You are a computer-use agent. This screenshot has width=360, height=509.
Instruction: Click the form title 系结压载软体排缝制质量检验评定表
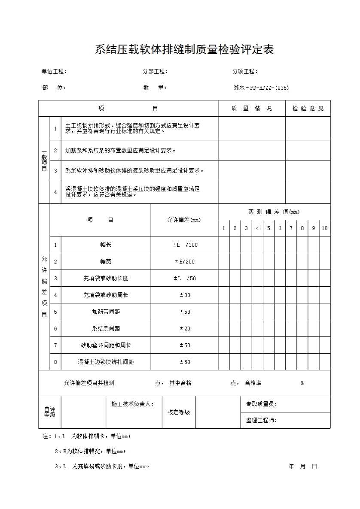pos(184,50)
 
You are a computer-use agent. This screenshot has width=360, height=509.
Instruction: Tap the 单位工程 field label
pos(54,72)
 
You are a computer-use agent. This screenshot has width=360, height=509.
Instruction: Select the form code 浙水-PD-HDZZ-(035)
pos(261,88)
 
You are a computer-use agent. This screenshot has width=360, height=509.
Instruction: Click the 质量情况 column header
pos(251,109)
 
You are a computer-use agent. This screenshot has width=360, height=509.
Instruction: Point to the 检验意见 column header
pos(308,109)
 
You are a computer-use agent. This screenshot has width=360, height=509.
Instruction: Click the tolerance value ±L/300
pos(185,245)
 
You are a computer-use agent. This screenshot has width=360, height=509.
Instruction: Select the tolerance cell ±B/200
pos(185,262)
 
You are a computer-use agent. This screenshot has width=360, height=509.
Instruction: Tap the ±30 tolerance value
pos(185,295)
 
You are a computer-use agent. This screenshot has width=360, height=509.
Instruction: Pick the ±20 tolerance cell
pos(185,329)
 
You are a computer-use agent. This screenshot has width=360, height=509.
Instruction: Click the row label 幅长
pos(106,245)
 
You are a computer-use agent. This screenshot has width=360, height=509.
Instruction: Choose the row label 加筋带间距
pos(106,312)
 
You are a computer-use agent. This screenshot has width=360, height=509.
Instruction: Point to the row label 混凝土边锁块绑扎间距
pos(106,362)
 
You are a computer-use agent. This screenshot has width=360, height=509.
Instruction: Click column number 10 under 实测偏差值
pos(324,228)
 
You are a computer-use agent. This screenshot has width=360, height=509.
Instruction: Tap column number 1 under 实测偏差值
pos(223,228)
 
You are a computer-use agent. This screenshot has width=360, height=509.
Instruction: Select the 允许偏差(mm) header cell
pos(184,220)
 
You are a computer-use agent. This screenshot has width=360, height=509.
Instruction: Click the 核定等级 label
pos(179,412)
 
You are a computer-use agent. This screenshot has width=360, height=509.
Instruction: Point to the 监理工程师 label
pos(261,421)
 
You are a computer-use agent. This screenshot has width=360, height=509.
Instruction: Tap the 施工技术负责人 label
pos(132,404)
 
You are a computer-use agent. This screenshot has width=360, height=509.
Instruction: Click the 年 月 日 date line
pos(303,467)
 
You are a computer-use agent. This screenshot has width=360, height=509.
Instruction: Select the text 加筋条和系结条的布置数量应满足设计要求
pos(120,151)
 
